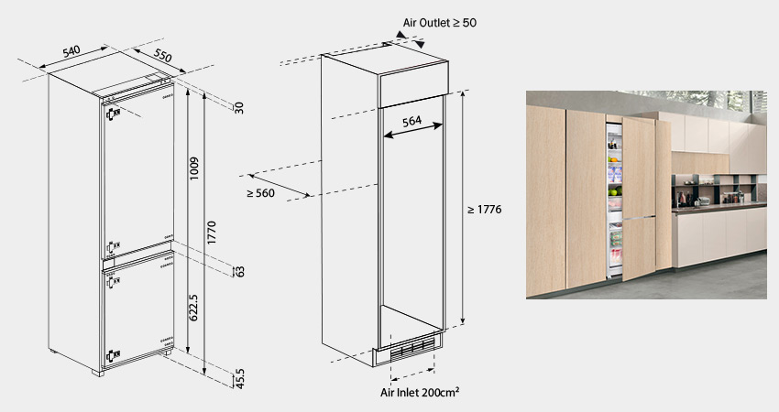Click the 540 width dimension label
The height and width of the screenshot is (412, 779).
pyautogui.click(x=71, y=51)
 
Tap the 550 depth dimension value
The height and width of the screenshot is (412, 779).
pyautogui.click(x=162, y=55)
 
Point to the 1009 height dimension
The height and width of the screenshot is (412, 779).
pyautogui.click(x=194, y=168)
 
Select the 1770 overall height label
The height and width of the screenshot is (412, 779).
pyautogui.click(x=212, y=233)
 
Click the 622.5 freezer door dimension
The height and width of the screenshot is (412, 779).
pyautogui.click(x=194, y=308)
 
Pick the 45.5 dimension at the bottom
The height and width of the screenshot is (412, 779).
pyautogui.click(x=240, y=378)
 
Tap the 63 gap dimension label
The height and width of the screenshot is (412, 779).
pyautogui.click(x=240, y=272)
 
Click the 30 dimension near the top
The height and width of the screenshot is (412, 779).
pyautogui.click(x=239, y=108)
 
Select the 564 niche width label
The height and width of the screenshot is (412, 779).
pyautogui.click(x=411, y=121)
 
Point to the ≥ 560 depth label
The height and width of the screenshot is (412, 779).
pyautogui.click(x=260, y=193)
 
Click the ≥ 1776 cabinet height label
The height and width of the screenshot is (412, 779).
pyautogui.click(x=485, y=210)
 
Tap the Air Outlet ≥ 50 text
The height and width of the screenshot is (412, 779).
pyautogui.click(x=440, y=22)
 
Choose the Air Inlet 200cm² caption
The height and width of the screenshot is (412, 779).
pyautogui.click(x=420, y=392)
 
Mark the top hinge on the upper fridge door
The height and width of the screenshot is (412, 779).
pyautogui.click(x=113, y=114)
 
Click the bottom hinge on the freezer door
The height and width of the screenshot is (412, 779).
pyautogui.click(x=113, y=355)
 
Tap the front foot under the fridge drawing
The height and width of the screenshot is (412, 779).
pyautogui.click(x=98, y=373)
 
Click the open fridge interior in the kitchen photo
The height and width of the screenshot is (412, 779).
pyautogui.click(x=615, y=199)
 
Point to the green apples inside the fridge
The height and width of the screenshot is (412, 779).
pyautogui.click(x=616, y=190)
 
